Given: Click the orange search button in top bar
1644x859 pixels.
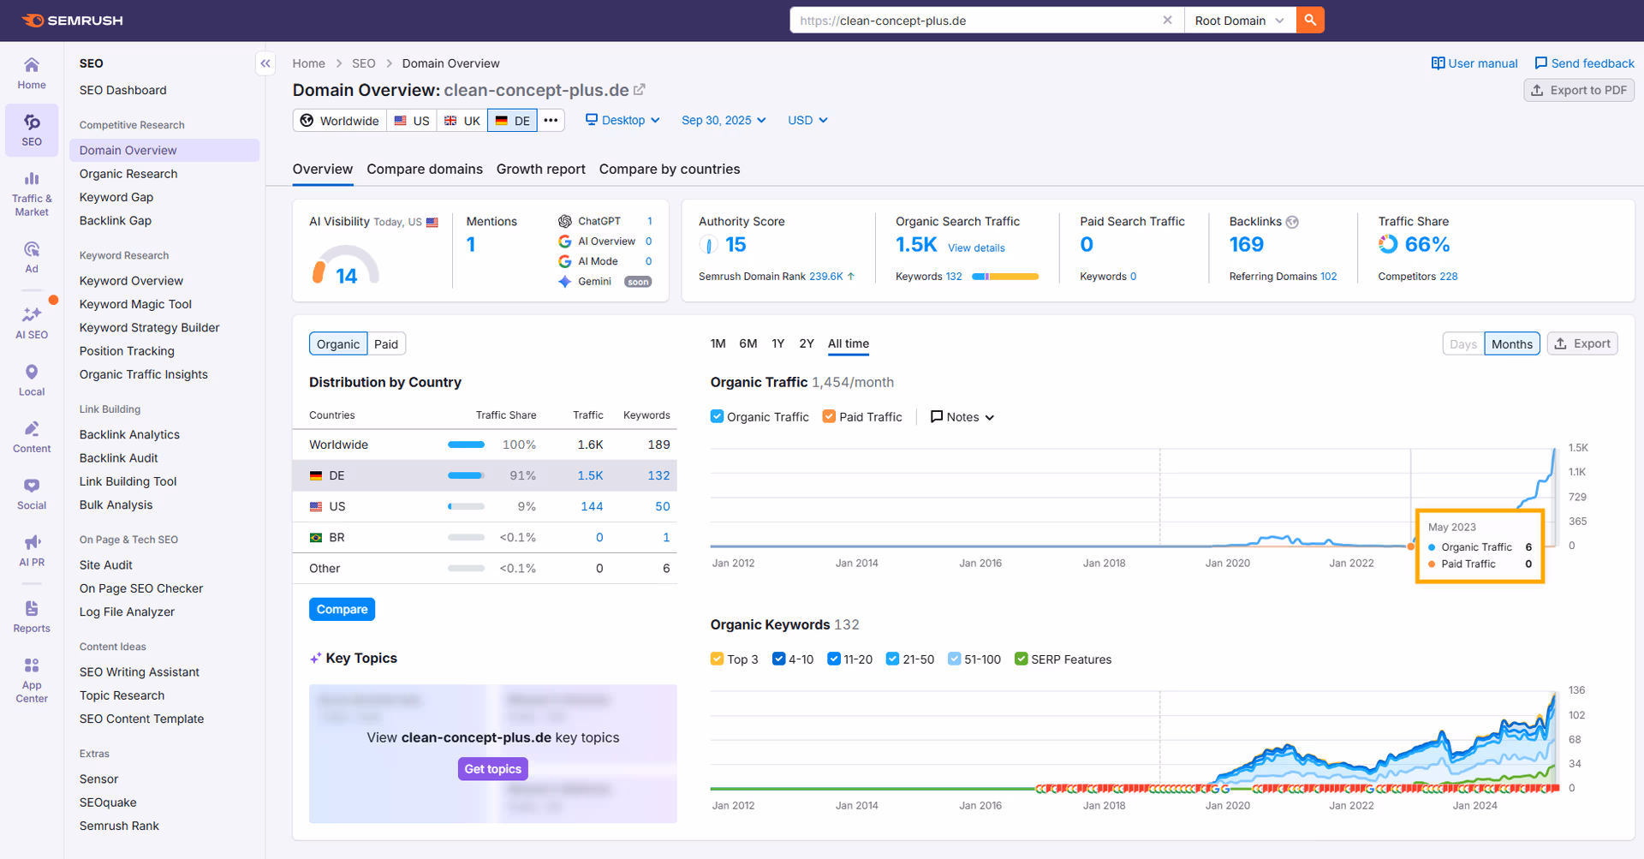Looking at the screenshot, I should pyautogui.click(x=1309, y=20).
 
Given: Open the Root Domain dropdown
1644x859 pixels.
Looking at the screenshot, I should pyautogui.click(x=1239, y=21).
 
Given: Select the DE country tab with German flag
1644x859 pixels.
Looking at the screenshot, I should pyautogui.click(x=512, y=121).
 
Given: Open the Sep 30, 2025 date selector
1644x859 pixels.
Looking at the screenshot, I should pyautogui.click(x=723, y=121).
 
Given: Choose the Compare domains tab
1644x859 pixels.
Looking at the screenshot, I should pyautogui.click(x=424, y=170).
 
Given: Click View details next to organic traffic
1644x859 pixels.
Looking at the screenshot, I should pyautogui.click(x=975, y=248).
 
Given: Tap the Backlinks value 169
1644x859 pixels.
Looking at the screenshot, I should pyautogui.click(x=1246, y=245).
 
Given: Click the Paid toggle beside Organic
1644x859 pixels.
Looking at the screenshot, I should pyautogui.click(x=385, y=344).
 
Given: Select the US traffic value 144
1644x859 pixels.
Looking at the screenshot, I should pyautogui.click(x=591, y=507).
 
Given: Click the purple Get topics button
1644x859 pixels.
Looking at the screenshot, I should pyautogui.click(x=492, y=769).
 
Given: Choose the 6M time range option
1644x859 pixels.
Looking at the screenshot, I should pyautogui.click(x=748, y=344).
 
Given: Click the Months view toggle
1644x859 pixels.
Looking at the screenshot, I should pyautogui.click(x=1511, y=344).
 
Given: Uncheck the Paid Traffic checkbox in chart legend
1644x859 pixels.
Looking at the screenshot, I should pyautogui.click(x=829, y=417).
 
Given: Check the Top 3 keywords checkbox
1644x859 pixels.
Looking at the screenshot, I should pyautogui.click(x=718, y=659).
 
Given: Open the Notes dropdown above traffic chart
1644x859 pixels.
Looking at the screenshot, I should pyautogui.click(x=962, y=417).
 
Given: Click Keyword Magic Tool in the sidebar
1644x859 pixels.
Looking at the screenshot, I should pyautogui.click(x=135, y=304).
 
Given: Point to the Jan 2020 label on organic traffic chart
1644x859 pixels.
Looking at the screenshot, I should pyautogui.click(x=1227, y=564).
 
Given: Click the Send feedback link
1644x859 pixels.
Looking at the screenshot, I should pyautogui.click(x=1584, y=63).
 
